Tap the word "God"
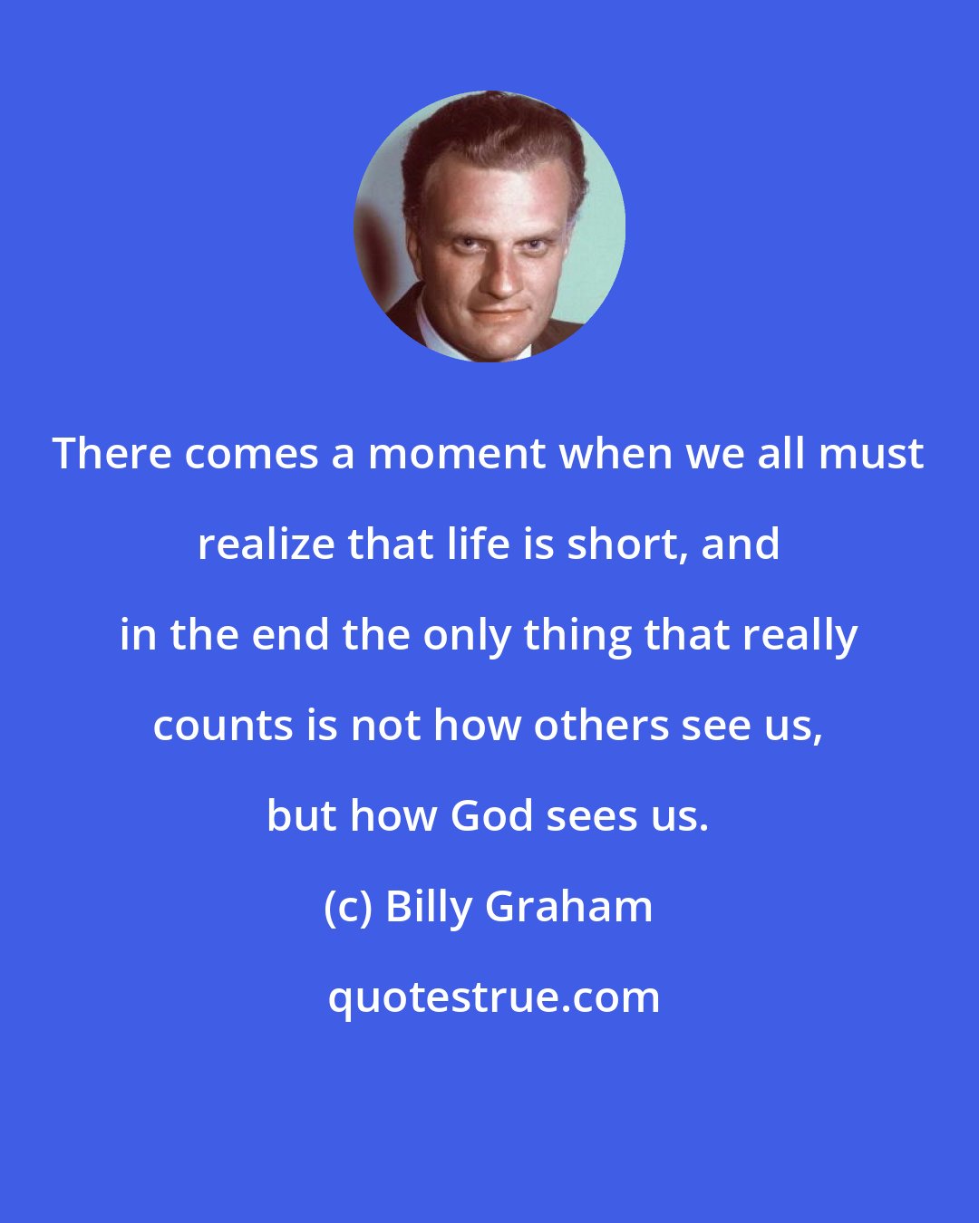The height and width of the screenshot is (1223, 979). [x=491, y=816]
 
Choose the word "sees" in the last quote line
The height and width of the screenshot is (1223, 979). [x=591, y=816]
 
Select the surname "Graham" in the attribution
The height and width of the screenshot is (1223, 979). [x=570, y=907]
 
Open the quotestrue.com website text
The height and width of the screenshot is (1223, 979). [x=493, y=997]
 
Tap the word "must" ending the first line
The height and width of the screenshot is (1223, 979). [x=877, y=454]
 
